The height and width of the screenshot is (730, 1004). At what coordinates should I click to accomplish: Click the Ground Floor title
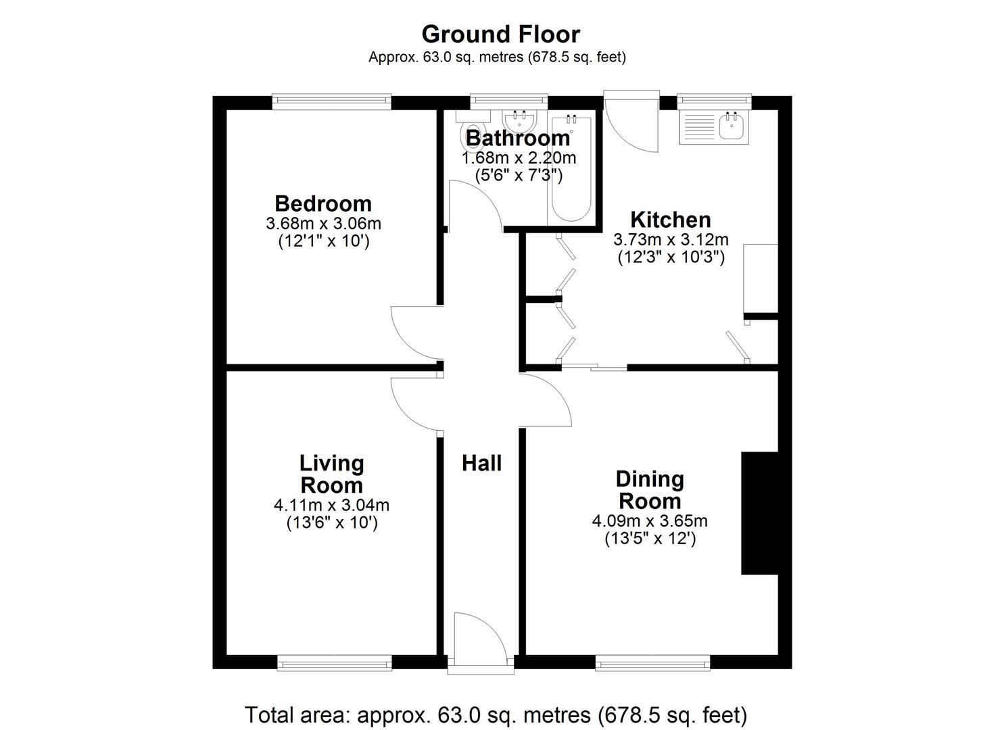pos(500,34)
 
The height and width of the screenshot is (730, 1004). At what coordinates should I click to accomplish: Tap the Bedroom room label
pos(322,203)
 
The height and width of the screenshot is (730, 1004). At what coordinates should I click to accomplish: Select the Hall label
pos(481,464)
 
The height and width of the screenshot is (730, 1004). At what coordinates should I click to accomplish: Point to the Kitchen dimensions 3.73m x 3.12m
pos(670,239)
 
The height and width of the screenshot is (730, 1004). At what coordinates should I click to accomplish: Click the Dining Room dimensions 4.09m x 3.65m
pos(649,521)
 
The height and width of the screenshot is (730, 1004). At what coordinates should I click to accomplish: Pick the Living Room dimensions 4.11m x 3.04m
pos(331,505)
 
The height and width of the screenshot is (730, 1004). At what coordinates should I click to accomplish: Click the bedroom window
pos(331,102)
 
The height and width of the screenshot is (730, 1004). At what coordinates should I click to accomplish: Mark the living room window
pos(335,664)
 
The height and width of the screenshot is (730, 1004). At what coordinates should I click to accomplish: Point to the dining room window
pos(652,664)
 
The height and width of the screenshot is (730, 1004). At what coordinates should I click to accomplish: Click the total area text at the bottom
pos(496,714)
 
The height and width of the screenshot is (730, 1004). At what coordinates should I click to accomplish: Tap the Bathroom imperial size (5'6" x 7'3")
pos(519,176)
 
